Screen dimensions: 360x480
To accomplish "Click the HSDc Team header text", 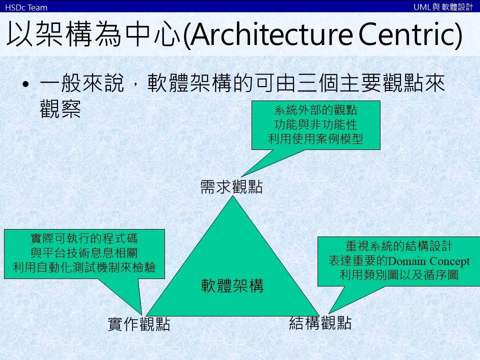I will click(26, 7).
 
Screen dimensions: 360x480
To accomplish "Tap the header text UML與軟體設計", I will click(443, 6).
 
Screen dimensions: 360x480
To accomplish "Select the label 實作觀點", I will click(139, 324).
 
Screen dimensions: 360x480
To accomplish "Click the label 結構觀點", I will click(320, 323).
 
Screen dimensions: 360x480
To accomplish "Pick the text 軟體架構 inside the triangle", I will click(232, 286).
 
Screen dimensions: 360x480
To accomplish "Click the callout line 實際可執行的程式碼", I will click(84, 238).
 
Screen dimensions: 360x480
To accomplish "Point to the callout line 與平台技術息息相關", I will click(84, 253).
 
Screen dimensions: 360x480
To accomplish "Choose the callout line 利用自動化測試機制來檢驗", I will click(84, 267).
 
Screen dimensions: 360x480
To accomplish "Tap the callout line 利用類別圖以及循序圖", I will click(399, 275).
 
